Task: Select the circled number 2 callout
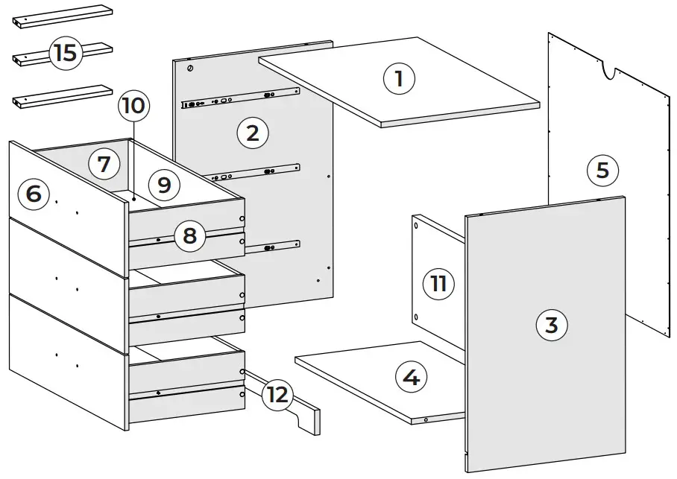(252, 133)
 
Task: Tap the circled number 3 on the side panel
(551, 325)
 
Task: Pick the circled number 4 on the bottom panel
(410, 378)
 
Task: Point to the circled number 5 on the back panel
(602, 171)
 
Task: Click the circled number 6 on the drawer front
(34, 194)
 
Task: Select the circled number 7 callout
(104, 164)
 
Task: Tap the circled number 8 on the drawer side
(189, 236)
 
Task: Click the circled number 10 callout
(133, 106)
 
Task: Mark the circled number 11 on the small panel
(438, 283)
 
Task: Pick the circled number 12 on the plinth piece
(277, 395)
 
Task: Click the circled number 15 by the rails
(65, 53)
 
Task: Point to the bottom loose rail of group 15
(62, 95)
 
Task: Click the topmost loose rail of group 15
(62, 16)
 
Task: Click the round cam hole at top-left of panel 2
(190, 69)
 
